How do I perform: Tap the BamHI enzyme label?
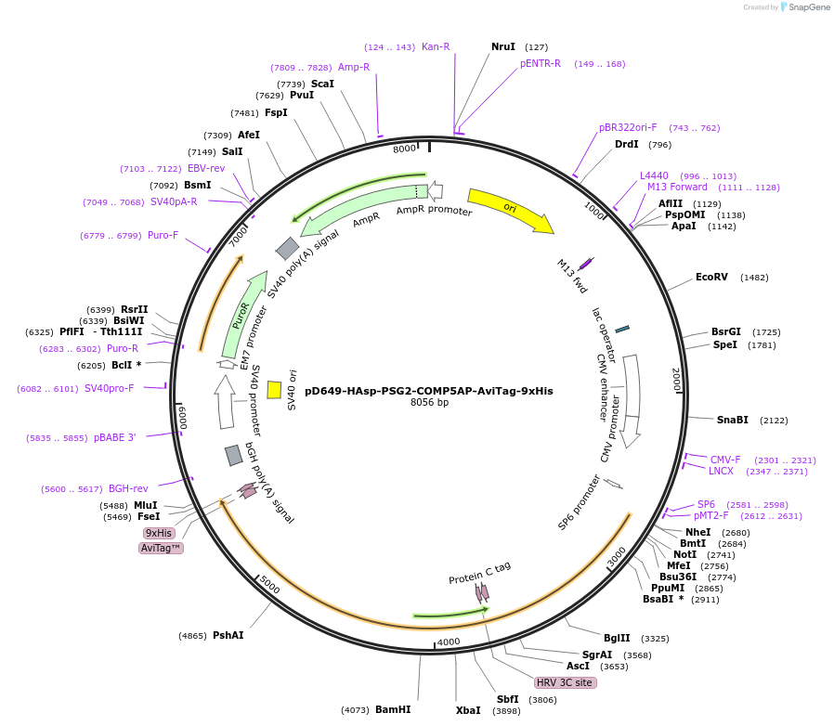[393, 710]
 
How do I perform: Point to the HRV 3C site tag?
[564, 682]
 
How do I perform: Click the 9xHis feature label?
[158, 533]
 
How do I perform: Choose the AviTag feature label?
[161, 549]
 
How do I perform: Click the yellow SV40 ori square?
[274, 390]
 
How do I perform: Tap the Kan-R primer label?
[436, 46]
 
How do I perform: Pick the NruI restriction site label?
[503, 46]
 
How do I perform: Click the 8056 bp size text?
[429, 403]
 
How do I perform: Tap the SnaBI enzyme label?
[732, 420]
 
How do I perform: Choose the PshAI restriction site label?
[228, 636]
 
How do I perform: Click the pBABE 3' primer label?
[115, 437]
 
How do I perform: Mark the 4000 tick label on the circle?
[449, 642]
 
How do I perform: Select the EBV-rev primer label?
[206, 169]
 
